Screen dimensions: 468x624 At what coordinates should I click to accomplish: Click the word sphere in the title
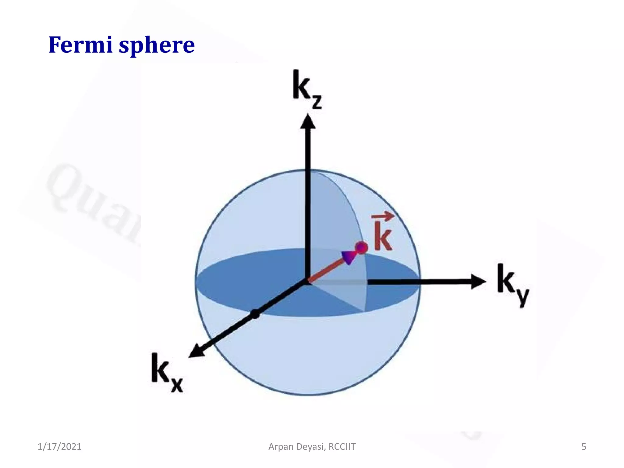tap(157, 46)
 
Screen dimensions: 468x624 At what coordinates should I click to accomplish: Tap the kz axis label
tap(306, 88)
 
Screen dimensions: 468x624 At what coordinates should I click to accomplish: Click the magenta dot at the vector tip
tap(361, 247)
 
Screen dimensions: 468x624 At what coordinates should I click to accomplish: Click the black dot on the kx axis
tap(255, 314)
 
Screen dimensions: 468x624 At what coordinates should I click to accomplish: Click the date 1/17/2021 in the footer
tap(59, 447)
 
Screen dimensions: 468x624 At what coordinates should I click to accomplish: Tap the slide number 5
tap(583, 447)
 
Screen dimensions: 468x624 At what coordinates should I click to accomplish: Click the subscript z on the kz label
tap(317, 102)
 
